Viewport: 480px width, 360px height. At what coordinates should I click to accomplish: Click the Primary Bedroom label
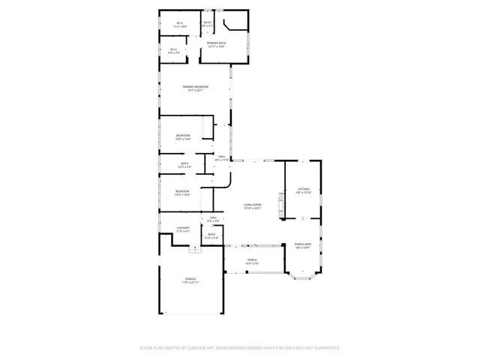[x=195, y=87]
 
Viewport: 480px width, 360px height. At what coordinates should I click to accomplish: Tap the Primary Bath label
[x=217, y=43]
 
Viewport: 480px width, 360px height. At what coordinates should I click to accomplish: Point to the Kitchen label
[x=303, y=189]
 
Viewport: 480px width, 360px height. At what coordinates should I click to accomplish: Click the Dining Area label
[x=302, y=244]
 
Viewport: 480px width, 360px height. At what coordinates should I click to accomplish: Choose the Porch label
[x=252, y=260]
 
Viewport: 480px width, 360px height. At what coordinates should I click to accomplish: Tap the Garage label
[x=190, y=279]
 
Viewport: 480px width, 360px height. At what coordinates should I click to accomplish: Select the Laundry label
[x=183, y=228]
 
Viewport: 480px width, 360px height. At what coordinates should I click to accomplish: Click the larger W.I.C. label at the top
[x=181, y=23]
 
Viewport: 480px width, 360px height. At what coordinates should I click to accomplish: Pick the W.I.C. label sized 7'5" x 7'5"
[x=174, y=50]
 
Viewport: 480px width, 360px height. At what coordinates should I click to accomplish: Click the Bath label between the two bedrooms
[x=184, y=163]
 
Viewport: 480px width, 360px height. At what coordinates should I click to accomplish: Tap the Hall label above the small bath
[x=213, y=217]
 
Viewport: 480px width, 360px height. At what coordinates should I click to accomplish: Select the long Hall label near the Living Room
[x=222, y=157]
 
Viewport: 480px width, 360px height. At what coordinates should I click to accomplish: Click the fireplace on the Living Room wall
[x=281, y=205]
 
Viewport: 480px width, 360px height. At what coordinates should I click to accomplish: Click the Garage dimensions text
[x=190, y=283]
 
